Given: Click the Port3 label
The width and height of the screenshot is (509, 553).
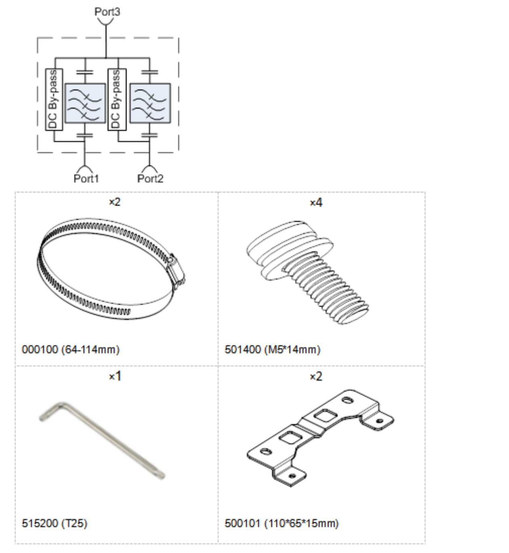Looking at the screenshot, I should [x=107, y=12].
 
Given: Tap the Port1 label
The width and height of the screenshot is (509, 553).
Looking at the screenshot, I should [x=86, y=178].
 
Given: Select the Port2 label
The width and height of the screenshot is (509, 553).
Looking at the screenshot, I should [x=150, y=178].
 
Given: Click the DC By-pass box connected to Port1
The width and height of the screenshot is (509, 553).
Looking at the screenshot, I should [x=54, y=99].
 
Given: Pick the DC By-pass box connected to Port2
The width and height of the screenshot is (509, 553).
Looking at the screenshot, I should [x=117, y=99].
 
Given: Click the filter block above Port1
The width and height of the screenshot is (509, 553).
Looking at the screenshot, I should [x=85, y=103].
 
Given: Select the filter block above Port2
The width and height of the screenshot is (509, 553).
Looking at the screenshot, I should [x=150, y=103].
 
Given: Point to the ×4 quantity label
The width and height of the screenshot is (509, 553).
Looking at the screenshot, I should [x=316, y=202].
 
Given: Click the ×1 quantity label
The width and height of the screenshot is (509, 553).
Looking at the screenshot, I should [x=115, y=376].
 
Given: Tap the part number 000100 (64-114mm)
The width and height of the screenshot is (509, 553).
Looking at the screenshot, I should [x=71, y=349].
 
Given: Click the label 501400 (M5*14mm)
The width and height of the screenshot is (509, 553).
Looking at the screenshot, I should [x=272, y=349].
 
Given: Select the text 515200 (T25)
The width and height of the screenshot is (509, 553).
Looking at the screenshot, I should [x=55, y=523].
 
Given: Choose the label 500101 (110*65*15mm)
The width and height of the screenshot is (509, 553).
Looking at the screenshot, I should [x=282, y=523].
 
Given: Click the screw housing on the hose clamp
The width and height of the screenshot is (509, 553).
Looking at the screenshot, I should [x=176, y=269].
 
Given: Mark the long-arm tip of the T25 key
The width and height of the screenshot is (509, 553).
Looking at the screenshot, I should [x=162, y=475].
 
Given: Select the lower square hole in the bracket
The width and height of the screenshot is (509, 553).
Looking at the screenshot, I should [x=290, y=437].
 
